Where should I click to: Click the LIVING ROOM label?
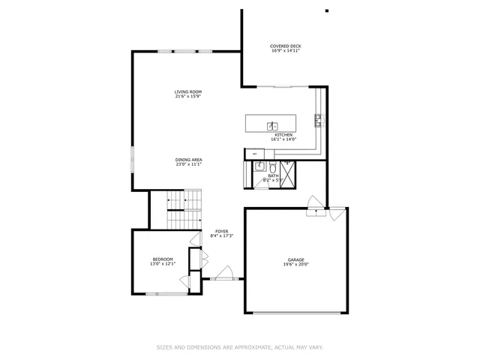pos(188,91)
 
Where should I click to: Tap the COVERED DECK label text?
pos(286,46)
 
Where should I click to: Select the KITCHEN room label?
pos(283,135)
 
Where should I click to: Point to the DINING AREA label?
pos(189,159)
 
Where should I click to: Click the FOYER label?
pos(221,231)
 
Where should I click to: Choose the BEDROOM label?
pos(163,259)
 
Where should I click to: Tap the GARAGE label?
pos(295,259)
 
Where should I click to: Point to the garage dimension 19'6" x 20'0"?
pos(295,265)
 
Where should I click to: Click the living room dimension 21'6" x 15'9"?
pos(188,96)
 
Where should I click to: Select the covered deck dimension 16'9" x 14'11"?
pos(286,51)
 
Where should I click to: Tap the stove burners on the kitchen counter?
pos(318,118)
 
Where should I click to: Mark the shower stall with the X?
pos(289,172)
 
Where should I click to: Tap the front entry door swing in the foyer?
pos(223,274)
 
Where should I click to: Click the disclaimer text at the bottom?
pos(240,347)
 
